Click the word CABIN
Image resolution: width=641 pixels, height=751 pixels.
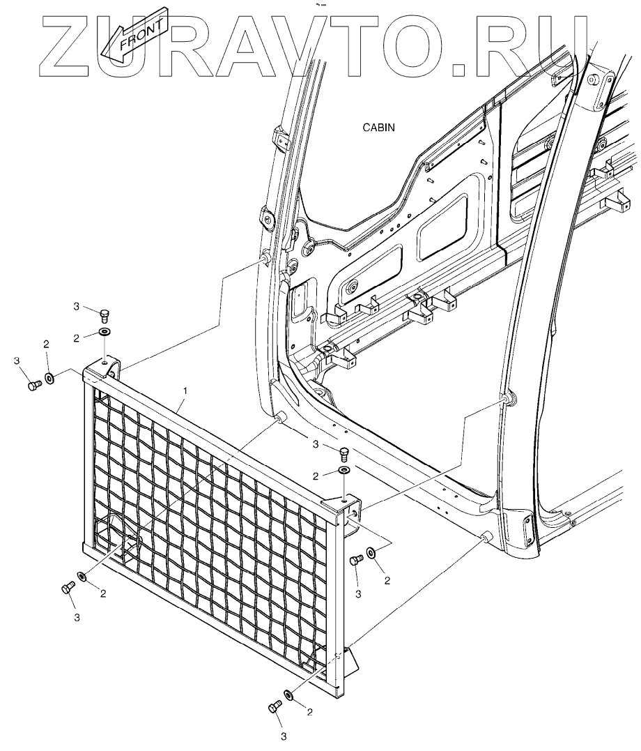pyautogui.click(x=379, y=128)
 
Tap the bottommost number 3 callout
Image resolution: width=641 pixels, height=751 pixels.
pyautogui.click(x=284, y=736)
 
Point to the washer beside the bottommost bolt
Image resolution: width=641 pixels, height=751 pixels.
pyautogui.click(x=288, y=695)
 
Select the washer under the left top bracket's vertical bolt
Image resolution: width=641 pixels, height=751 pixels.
pyautogui.click(x=105, y=331)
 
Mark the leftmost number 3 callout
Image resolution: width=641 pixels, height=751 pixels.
pyautogui.click(x=16, y=361)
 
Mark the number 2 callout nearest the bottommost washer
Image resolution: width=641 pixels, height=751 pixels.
pyautogui.click(x=309, y=712)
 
